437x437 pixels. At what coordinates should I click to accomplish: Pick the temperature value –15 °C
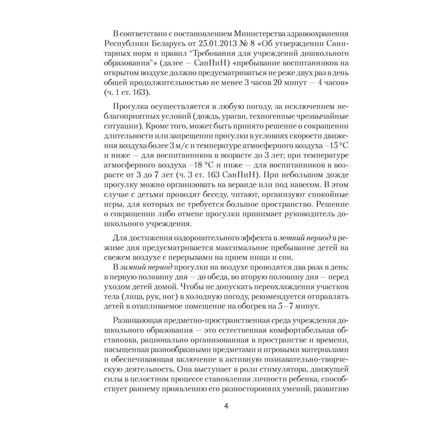click(333, 146)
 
